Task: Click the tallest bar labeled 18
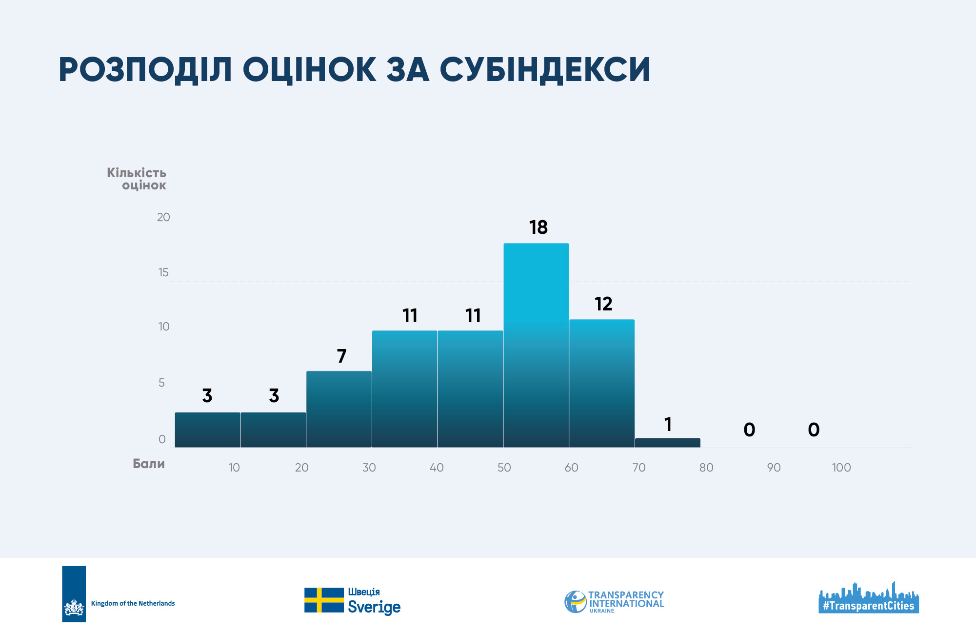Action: [536, 345]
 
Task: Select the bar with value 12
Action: [602, 383]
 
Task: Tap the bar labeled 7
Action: [339, 409]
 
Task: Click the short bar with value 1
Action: [668, 443]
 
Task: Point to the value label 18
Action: [538, 227]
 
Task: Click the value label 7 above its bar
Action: [342, 356]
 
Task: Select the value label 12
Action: [603, 304]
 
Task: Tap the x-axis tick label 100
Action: [841, 468]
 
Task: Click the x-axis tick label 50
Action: [504, 468]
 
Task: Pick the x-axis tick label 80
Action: [706, 468]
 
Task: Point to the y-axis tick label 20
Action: [163, 217]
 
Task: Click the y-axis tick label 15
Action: [163, 272]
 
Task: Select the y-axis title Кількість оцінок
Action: [137, 179]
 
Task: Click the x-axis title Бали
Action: [149, 464]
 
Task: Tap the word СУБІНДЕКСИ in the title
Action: [545, 70]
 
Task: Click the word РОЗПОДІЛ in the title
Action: [145, 70]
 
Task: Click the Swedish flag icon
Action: [324, 600]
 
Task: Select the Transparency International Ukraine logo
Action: [614, 602]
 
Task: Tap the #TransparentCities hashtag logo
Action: [869, 597]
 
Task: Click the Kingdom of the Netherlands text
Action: [133, 603]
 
